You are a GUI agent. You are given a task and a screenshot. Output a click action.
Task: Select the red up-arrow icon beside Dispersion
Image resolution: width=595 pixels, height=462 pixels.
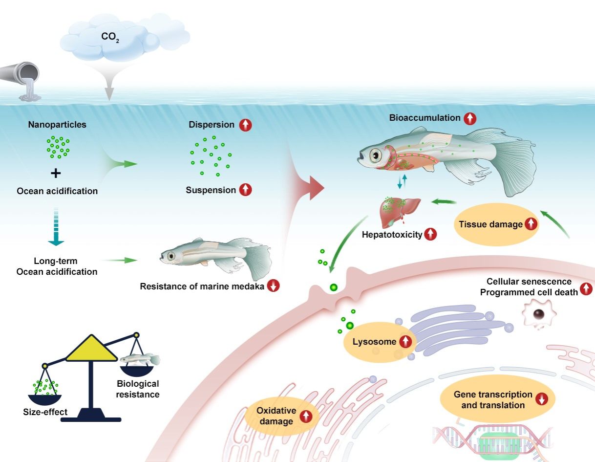click(245, 125)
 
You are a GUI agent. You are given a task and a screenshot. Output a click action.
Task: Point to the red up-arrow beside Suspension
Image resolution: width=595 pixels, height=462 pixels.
click(245, 190)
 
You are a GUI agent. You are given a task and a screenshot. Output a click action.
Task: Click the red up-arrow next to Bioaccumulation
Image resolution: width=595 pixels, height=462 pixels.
click(470, 118)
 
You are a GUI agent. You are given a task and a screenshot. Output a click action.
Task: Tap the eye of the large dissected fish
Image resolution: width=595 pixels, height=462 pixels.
click(374, 155)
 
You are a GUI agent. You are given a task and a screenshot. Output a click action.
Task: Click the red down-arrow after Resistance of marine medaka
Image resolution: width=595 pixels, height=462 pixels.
click(274, 286)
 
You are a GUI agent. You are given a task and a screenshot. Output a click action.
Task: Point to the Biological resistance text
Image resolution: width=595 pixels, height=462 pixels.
click(137, 389)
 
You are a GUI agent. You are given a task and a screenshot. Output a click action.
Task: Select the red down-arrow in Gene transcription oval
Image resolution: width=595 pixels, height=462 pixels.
click(541, 399)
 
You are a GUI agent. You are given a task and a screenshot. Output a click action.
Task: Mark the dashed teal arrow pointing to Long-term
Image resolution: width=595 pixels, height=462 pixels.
click(57, 227)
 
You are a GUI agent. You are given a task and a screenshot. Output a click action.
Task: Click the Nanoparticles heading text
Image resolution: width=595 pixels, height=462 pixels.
click(57, 125)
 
